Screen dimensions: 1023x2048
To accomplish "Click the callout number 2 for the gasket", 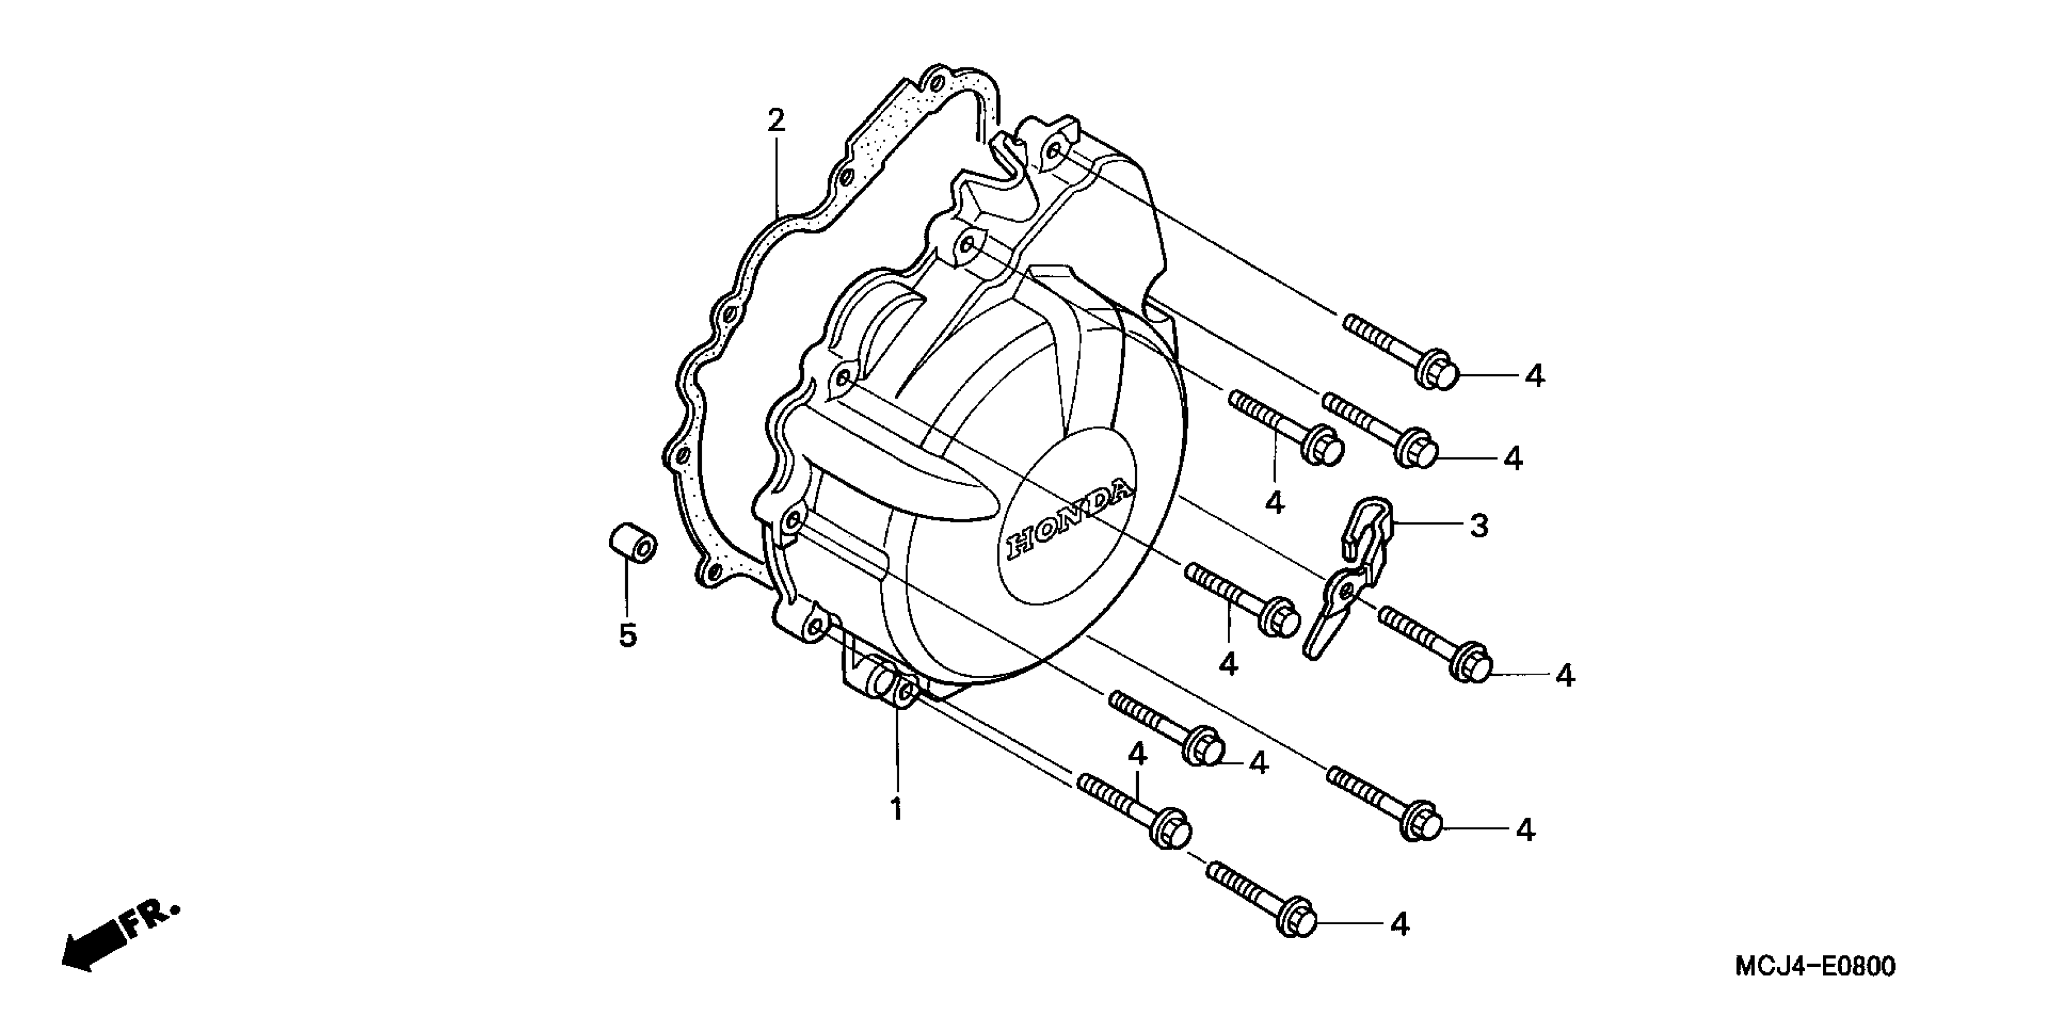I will tap(775, 121).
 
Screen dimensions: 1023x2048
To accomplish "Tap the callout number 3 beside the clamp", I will tap(1479, 525).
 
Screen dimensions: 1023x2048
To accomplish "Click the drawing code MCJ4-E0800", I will tap(1814, 966).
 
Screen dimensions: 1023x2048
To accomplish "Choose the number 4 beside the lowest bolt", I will tap(1399, 924).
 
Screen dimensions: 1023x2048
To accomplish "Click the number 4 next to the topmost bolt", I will tap(1535, 376).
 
